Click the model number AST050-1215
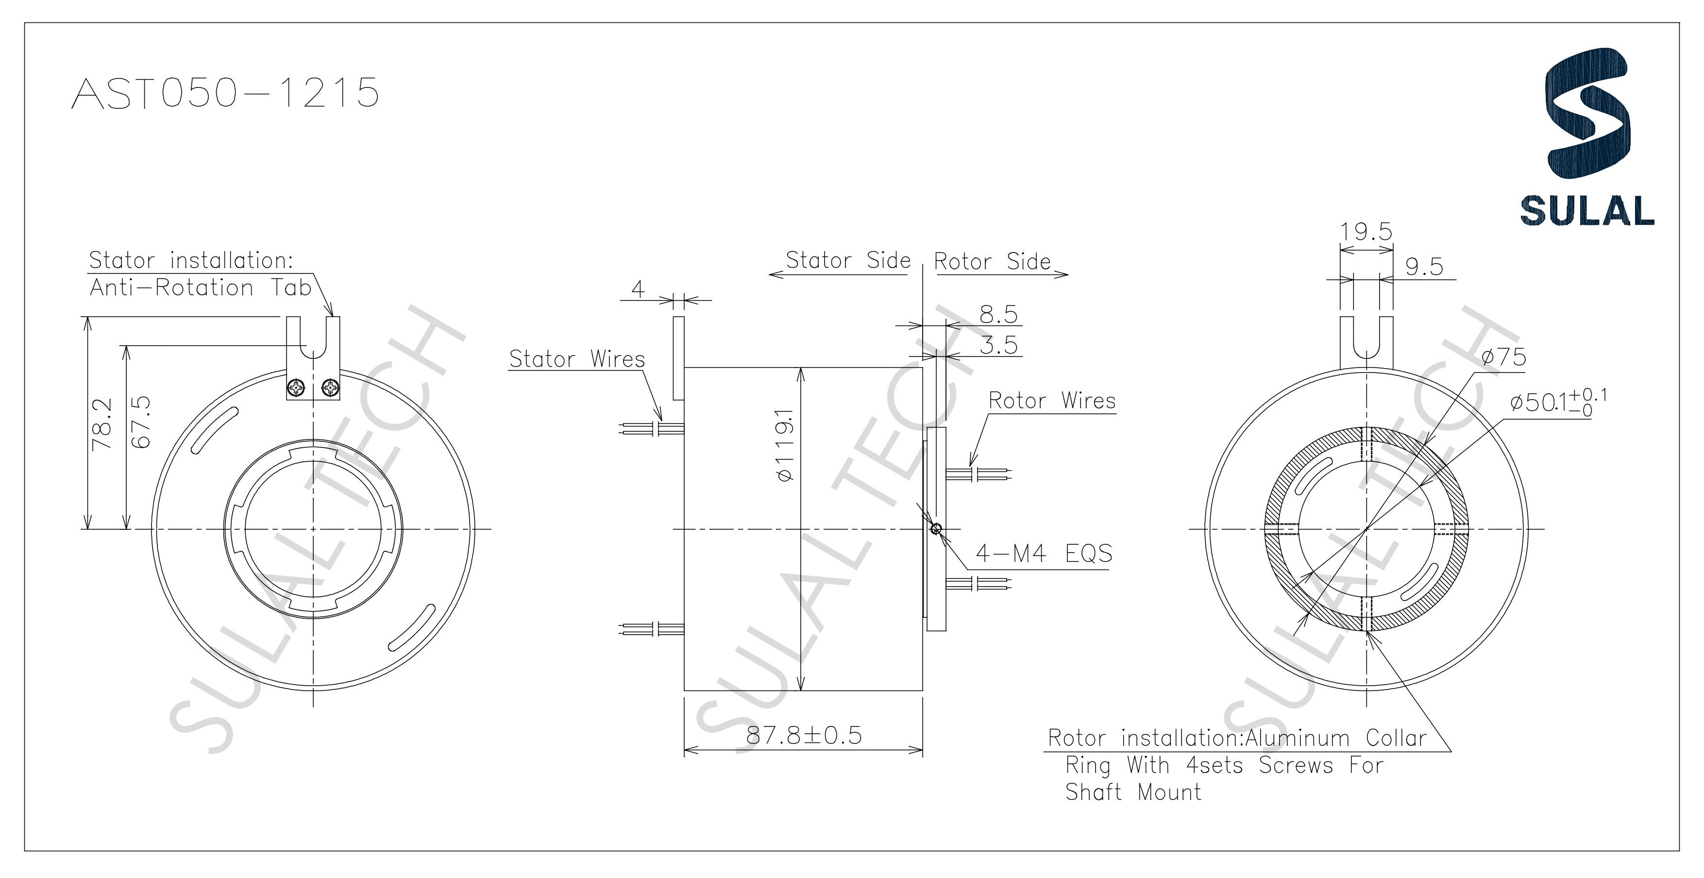point(225,93)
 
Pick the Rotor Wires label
point(1052,401)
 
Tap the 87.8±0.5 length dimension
point(804,736)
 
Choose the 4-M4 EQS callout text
point(1044,553)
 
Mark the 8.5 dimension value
point(998,314)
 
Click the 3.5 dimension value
point(998,345)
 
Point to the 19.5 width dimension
point(1366,232)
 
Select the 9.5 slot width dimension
point(1423,267)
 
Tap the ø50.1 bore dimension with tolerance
point(1558,401)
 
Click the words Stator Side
point(848,261)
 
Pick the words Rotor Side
point(992,262)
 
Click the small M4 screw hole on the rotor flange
point(935,529)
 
